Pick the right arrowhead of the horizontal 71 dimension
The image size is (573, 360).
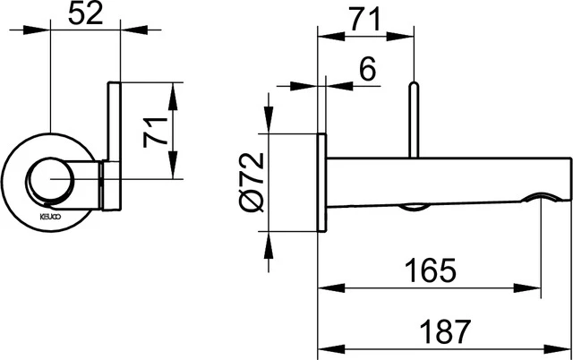coord(406,36)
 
